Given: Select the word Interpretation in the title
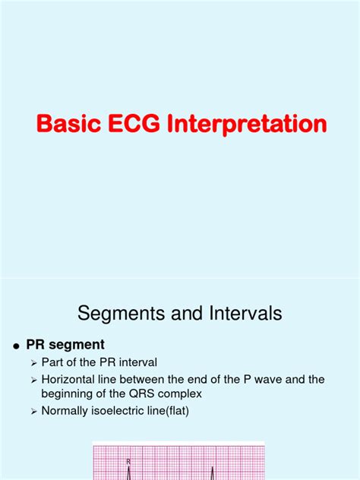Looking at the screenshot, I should [x=251, y=125].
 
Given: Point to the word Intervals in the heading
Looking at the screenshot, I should [x=238, y=312].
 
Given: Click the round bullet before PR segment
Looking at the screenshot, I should [x=14, y=346].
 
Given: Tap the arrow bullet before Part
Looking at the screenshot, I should [x=33, y=362].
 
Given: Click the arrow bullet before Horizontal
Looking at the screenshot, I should [x=33, y=378].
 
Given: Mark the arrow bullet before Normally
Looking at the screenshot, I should [x=33, y=411].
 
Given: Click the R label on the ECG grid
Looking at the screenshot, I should [x=128, y=460].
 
